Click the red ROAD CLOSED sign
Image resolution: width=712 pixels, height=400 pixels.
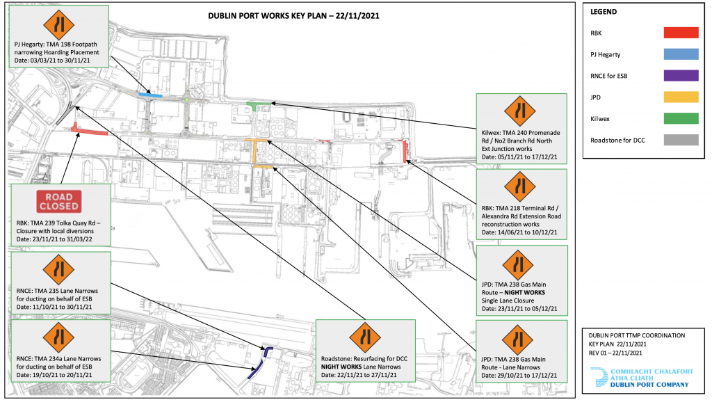(59, 201)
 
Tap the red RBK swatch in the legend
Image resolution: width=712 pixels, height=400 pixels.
(681, 33)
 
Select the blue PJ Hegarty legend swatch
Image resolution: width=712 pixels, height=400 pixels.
(681, 54)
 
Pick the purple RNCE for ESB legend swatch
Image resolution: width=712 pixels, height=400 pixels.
(681, 75)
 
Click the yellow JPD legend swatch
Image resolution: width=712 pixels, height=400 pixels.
(681, 97)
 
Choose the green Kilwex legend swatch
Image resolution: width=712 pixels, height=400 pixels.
(681, 118)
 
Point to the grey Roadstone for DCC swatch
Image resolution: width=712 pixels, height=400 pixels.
(681, 140)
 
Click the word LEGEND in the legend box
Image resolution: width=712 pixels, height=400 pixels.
(604, 12)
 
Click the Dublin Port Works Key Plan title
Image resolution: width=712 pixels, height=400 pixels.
(294, 15)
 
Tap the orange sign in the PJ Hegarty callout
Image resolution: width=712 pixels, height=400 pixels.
(59, 24)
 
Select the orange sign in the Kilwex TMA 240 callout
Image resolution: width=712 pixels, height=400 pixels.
(520, 111)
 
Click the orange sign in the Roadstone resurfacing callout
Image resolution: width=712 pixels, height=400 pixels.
(366, 337)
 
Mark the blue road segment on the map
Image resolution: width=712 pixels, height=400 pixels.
(150, 95)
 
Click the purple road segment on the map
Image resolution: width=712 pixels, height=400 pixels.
(261, 362)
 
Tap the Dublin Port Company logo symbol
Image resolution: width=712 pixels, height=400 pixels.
(599, 377)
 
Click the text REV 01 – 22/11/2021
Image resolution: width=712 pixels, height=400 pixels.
(615, 353)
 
